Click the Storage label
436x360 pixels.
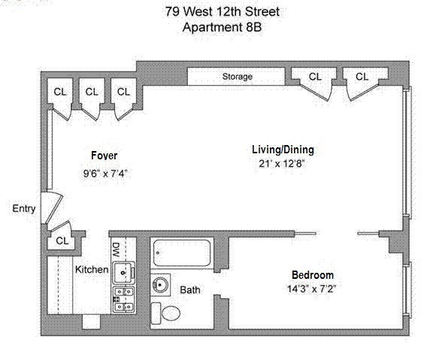pyautogui.click(x=238, y=77)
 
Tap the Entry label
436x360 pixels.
pyautogui.click(x=24, y=208)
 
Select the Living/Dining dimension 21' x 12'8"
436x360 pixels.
pyautogui.click(x=282, y=163)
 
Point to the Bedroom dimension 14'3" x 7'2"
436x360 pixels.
pyautogui.click(x=311, y=289)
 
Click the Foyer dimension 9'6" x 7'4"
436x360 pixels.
pyautogui.click(x=105, y=174)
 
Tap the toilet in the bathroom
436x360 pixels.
pyautogui.click(x=165, y=313)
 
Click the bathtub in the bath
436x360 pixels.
pyautogui.click(x=182, y=253)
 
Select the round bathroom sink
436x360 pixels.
pyautogui.click(x=160, y=285)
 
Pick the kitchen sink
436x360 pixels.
pyautogui.click(x=124, y=272)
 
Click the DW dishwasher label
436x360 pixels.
pyautogui.click(x=117, y=250)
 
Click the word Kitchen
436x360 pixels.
pyautogui.click(x=92, y=269)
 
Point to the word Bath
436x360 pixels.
pyautogui.click(x=190, y=289)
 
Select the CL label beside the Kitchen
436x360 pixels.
pyautogui.click(x=62, y=241)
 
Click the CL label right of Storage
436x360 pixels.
pyautogui.click(x=315, y=77)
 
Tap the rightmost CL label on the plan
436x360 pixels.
pyautogui.click(x=362, y=77)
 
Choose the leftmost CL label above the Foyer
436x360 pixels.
pyautogui.click(x=60, y=92)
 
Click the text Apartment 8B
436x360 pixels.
pyautogui.click(x=223, y=27)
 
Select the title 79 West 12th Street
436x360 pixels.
pyautogui.click(x=223, y=12)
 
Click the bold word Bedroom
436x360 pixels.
pyautogui.click(x=313, y=275)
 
